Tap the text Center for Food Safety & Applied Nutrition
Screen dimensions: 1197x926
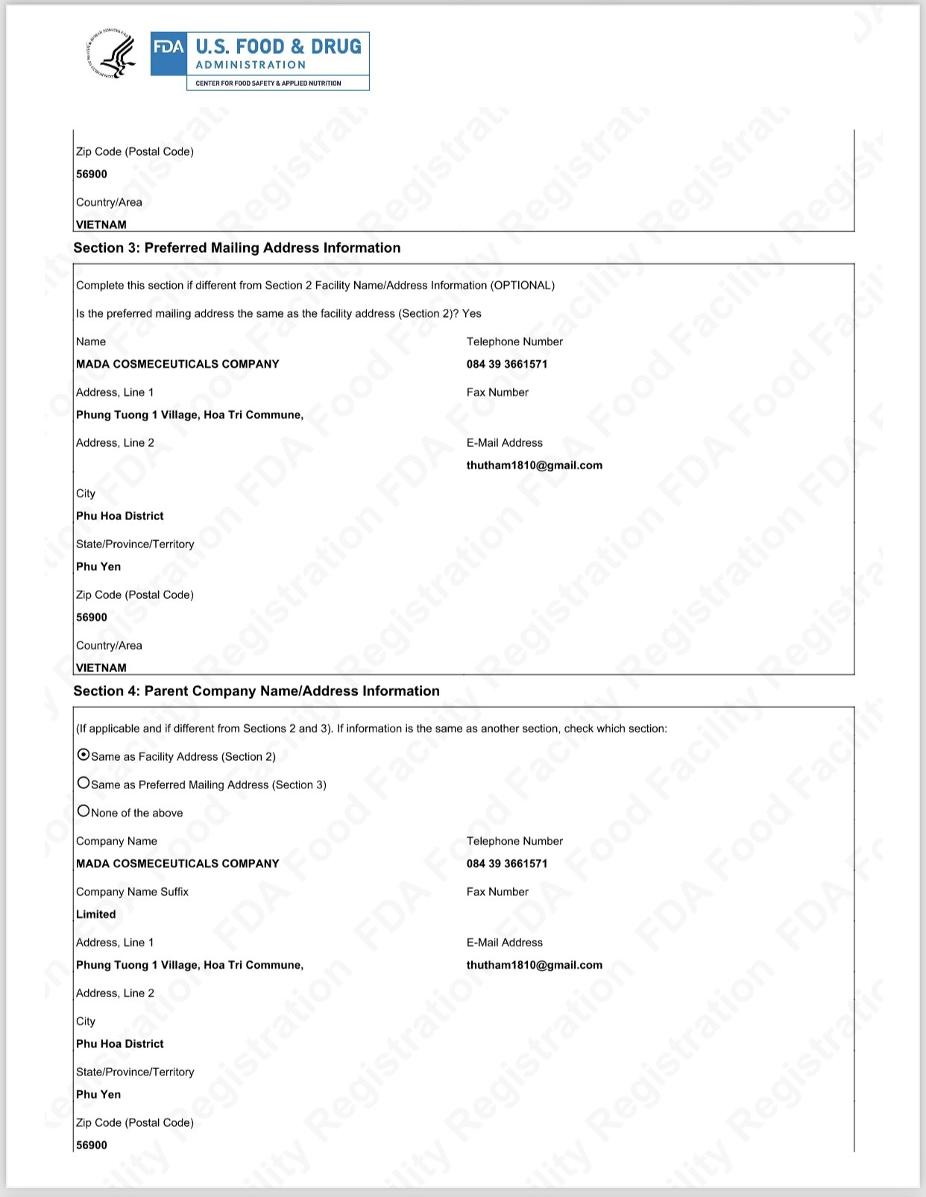[x=268, y=84]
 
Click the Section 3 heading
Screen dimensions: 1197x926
[x=237, y=248]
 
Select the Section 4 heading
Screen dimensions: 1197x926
[x=256, y=691]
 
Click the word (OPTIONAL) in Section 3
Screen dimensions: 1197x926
[x=523, y=286]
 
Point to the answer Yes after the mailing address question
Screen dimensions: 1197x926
[x=472, y=314]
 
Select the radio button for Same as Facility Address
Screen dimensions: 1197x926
[x=84, y=755]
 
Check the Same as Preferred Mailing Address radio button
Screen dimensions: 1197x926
[x=84, y=783]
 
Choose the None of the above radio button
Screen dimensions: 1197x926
[x=84, y=811]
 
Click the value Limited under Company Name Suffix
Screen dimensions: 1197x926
[x=96, y=914]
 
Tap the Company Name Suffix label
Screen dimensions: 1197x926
[x=132, y=892]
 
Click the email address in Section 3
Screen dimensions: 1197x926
[x=535, y=465]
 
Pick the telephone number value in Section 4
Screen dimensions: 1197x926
[x=507, y=864]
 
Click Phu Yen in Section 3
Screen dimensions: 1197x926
[x=98, y=567]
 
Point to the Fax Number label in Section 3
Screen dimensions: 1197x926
[x=497, y=392]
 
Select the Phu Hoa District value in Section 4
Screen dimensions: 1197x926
[x=120, y=1044]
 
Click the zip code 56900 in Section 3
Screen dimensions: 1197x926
[x=92, y=618]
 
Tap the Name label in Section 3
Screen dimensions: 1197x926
[x=91, y=342]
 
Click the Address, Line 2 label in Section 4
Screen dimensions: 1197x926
[x=115, y=993]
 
